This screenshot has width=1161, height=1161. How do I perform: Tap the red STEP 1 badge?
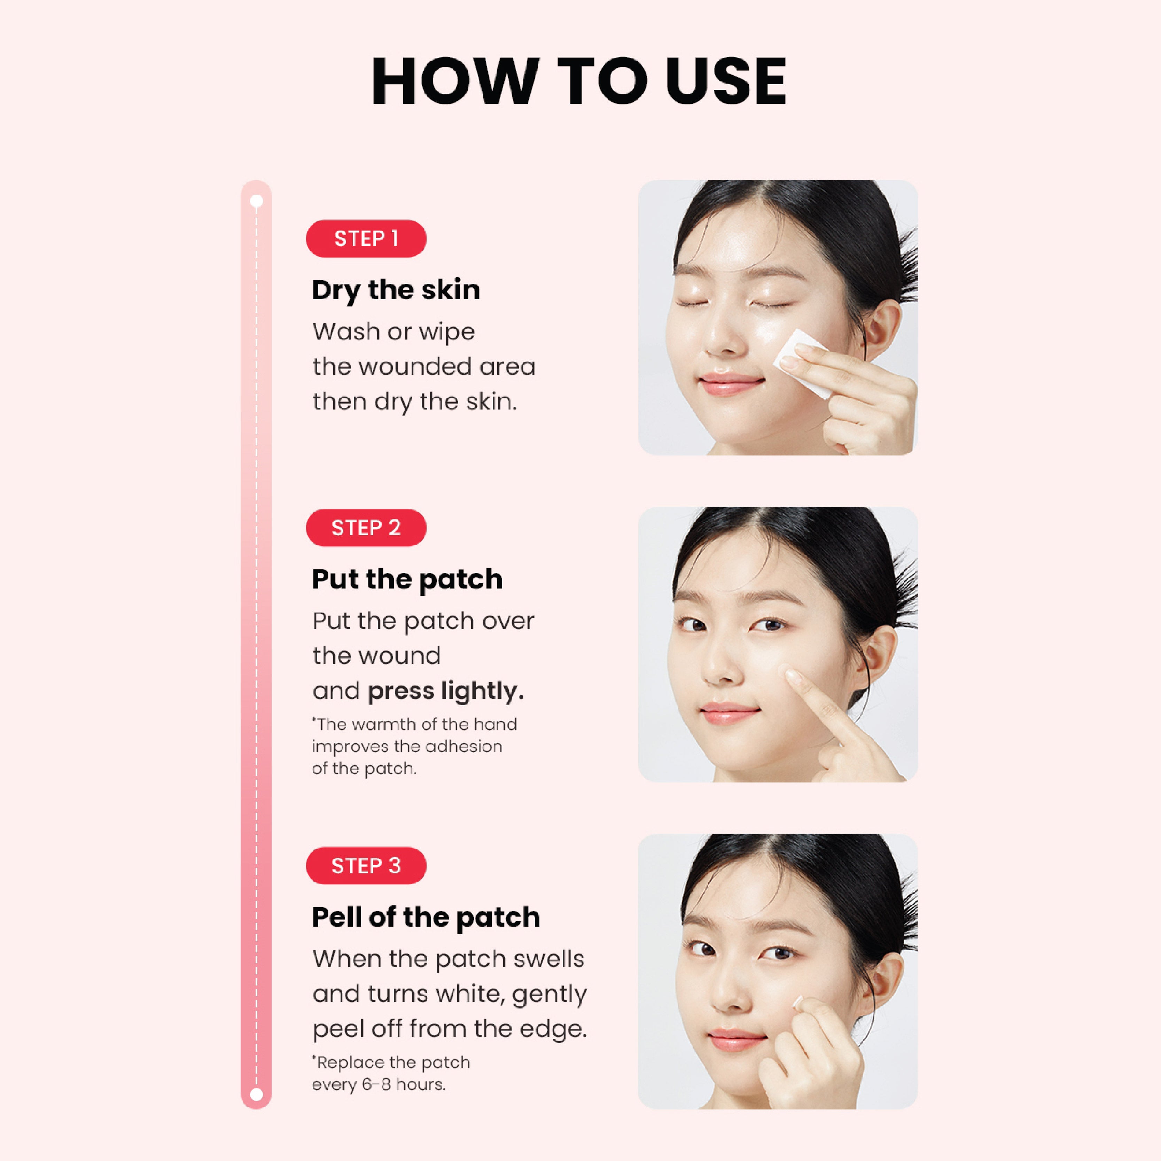click(366, 239)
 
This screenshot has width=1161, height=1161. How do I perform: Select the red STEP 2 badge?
click(366, 528)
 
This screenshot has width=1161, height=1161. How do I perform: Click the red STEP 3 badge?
click(366, 865)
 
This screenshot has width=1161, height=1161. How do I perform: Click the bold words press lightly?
click(445, 691)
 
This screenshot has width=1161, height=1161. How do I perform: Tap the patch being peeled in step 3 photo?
click(798, 1002)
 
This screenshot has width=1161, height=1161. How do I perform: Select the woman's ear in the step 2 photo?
click(877, 661)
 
